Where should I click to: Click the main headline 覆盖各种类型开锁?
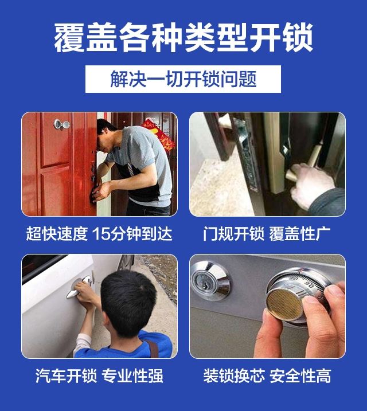click(x=183, y=38)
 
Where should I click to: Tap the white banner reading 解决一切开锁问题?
click(x=183, y=79)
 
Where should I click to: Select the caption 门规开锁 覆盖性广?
click(x=267, y=233)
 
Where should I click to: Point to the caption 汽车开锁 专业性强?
click(x=99, y=375)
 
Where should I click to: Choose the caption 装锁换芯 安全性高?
click(x=267, y=375)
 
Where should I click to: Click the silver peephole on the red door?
click(x=61, y=124)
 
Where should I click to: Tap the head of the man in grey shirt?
click(x=107, y=135)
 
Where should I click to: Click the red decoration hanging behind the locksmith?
click(x=159, y=134)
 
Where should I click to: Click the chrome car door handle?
click(x=79, y=288)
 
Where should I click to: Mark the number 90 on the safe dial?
click(x=310, y=285)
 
